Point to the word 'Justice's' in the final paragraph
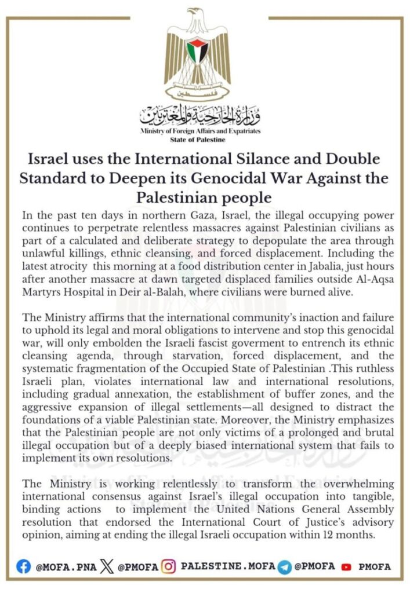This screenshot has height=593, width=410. pyautogui.click(x=328, y=522)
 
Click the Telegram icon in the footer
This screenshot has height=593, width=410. pyautogui.click(x=284, y=566)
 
